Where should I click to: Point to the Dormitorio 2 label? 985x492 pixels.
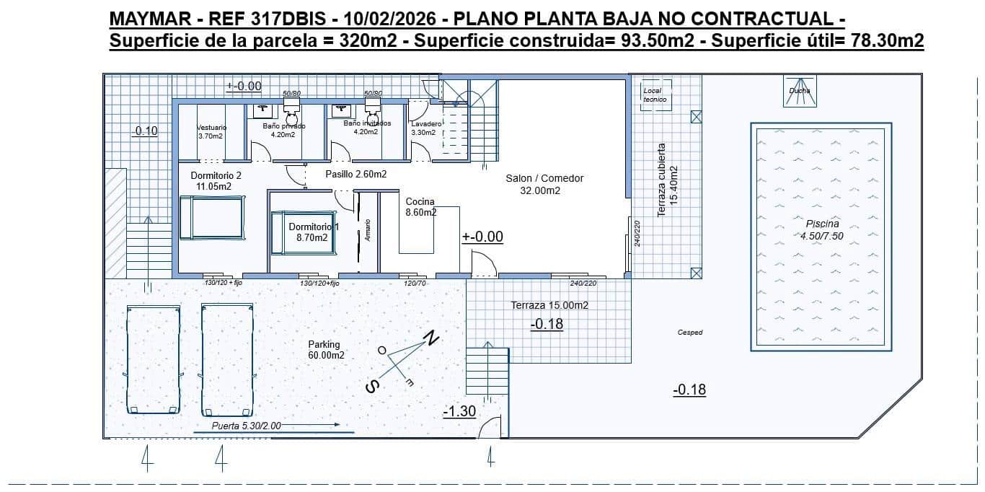[x=216, y=175]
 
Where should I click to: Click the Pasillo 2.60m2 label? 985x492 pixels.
[x=355, y=174]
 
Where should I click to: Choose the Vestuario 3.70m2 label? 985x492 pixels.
[x=211, y=131]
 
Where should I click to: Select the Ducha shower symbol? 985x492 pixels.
[x=799, y=91]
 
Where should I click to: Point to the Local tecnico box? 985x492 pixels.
[x=655, y=95]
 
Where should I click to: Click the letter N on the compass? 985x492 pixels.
[x=431, y=338]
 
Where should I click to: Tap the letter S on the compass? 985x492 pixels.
[x=372, y=387]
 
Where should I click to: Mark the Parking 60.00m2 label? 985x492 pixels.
[x=325, y=350]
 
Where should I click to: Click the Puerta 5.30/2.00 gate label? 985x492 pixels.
[x=246, y=426]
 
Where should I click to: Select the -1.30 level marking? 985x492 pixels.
[x=459, y=411]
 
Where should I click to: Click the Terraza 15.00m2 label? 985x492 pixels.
[x=549, y=305]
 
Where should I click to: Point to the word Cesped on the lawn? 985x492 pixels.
[x=689, y=333]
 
